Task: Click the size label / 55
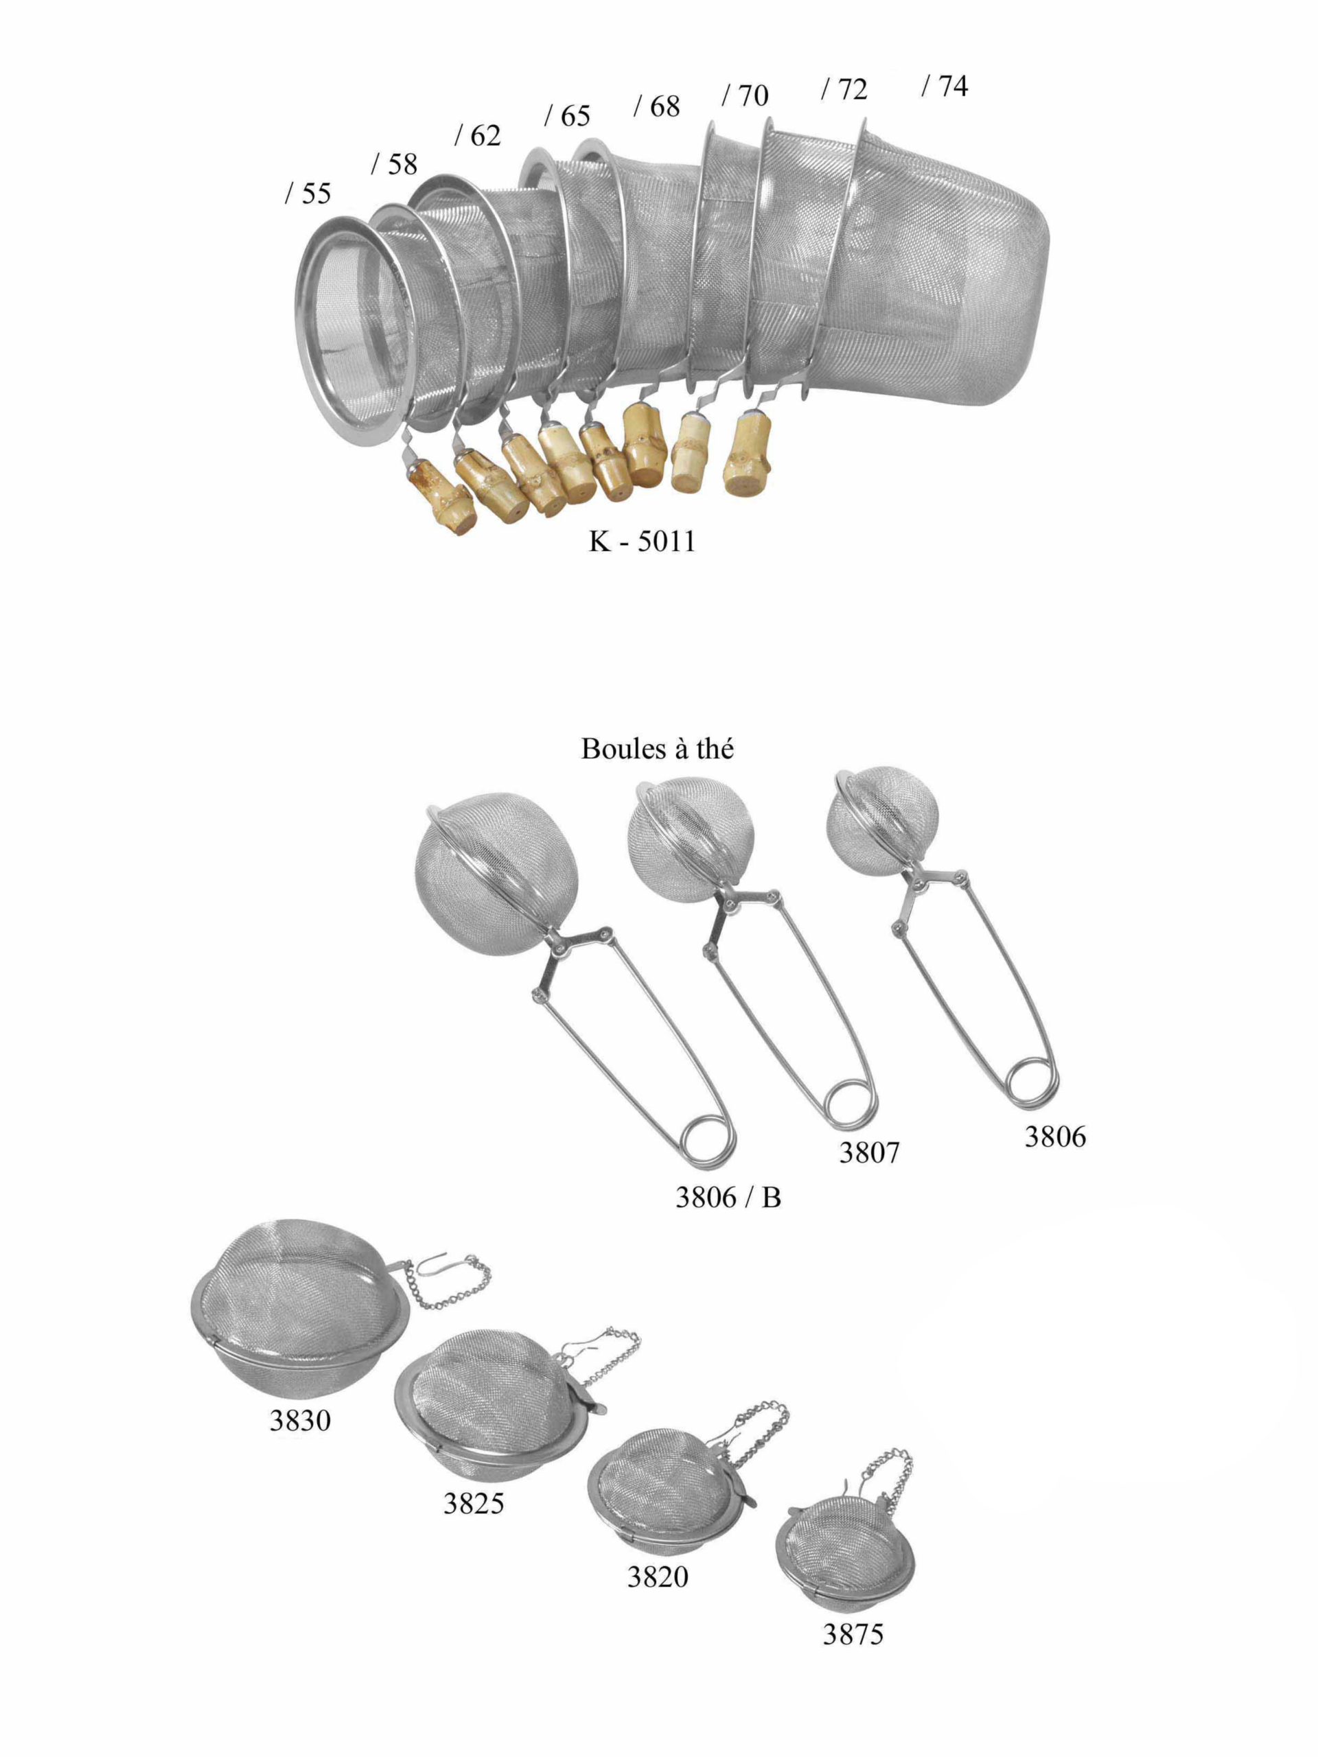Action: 308,193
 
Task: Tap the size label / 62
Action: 478,136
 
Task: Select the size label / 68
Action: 656,106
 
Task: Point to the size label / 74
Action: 945,86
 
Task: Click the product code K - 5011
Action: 642,542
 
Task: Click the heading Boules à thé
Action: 657,749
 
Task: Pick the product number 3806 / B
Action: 728,1197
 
